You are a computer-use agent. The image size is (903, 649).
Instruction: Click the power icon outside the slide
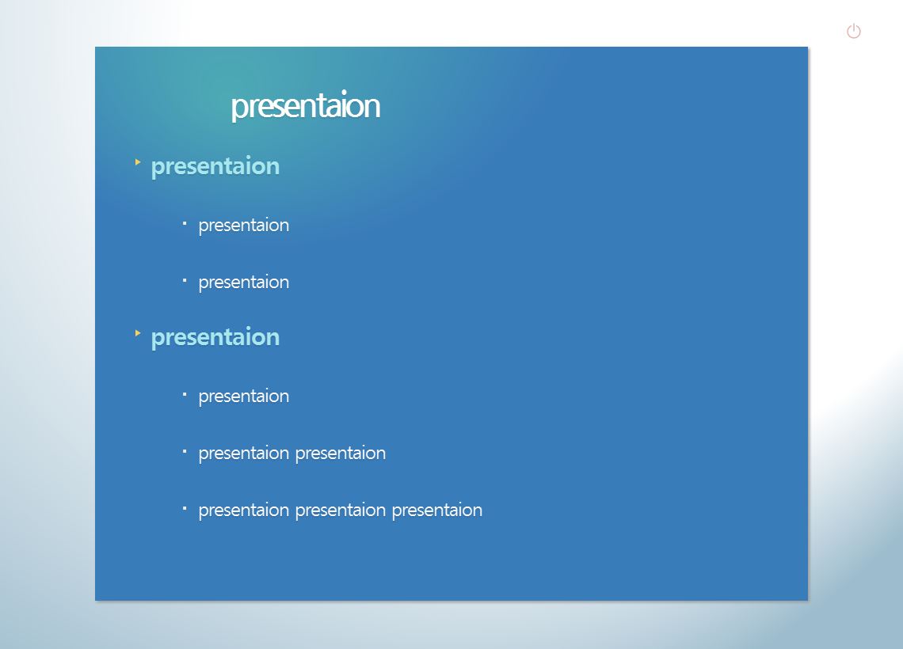point(853,31)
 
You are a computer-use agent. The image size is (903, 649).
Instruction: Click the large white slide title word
point(305,106)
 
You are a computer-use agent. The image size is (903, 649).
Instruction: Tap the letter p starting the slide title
point(238,109)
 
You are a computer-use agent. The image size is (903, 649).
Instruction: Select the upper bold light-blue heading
point(215,167)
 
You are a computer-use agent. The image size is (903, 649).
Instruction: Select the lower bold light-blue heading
point(215,338)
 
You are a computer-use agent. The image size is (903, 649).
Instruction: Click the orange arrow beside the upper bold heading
point(138,162)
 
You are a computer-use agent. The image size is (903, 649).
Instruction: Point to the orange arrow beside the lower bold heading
point(138,333)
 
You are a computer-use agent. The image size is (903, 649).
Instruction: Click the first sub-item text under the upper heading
point(244,226)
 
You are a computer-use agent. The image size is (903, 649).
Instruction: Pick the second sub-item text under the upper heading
point(244,283)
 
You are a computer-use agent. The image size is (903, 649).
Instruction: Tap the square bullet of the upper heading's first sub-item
point(185,223)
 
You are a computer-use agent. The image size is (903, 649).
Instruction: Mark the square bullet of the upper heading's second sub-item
point(185,280)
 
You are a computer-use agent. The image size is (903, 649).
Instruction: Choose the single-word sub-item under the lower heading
point(244,397)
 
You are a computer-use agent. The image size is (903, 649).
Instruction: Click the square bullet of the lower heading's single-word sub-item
point(185,394)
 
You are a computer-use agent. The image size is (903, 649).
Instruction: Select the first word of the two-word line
point(244,454)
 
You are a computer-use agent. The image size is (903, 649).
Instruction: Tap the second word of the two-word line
point(341,454)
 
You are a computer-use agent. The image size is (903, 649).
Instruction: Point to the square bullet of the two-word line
point(185,451)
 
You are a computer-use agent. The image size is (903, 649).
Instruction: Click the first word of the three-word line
point(244,510)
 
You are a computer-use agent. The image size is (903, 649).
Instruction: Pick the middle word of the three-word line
point(341,510)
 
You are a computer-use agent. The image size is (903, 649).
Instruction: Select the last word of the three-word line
point(437,510)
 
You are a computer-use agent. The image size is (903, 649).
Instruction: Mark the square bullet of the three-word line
point(185,508)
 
